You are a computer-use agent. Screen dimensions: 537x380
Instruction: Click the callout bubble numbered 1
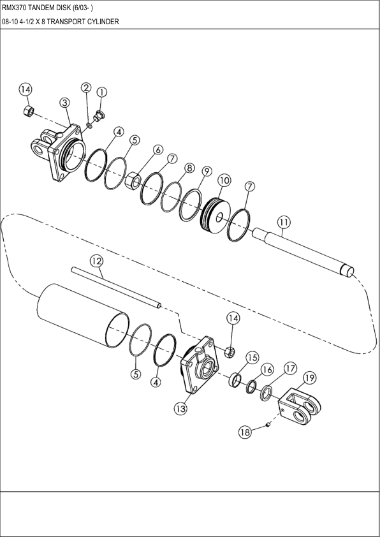tap(101, 92)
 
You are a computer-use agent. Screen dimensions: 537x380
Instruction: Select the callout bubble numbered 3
tap(64, 103)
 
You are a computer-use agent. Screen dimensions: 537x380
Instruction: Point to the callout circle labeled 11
tap(284, 222)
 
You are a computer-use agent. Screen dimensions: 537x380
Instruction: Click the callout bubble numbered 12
tap(96, 260)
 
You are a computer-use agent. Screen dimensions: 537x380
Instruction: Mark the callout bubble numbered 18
tap(245, 432)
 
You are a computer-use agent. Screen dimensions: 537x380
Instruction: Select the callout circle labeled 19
tap(309, 378)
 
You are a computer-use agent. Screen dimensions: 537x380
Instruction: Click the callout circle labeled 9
tap(206, 172)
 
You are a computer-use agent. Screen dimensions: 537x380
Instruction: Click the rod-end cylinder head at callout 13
tap(200, 369)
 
